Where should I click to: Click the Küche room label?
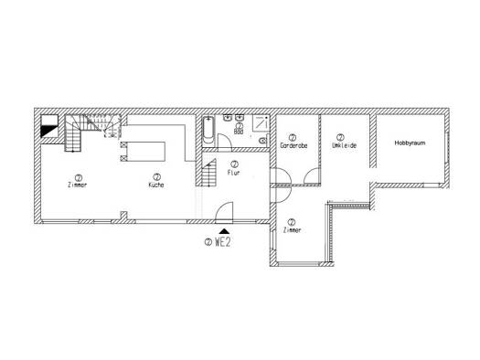pos(156,185)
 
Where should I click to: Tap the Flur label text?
pos(234,172)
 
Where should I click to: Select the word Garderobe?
pos(293,144)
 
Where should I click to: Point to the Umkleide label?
pos(341,144)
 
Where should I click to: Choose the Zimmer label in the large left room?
pos(78,185)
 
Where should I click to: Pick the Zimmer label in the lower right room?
pos(292,231)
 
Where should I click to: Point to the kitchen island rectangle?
pos(144,151)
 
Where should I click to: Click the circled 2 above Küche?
pos(156,176)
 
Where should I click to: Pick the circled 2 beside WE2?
pos(209,243)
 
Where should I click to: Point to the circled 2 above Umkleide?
pos(340,136)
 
